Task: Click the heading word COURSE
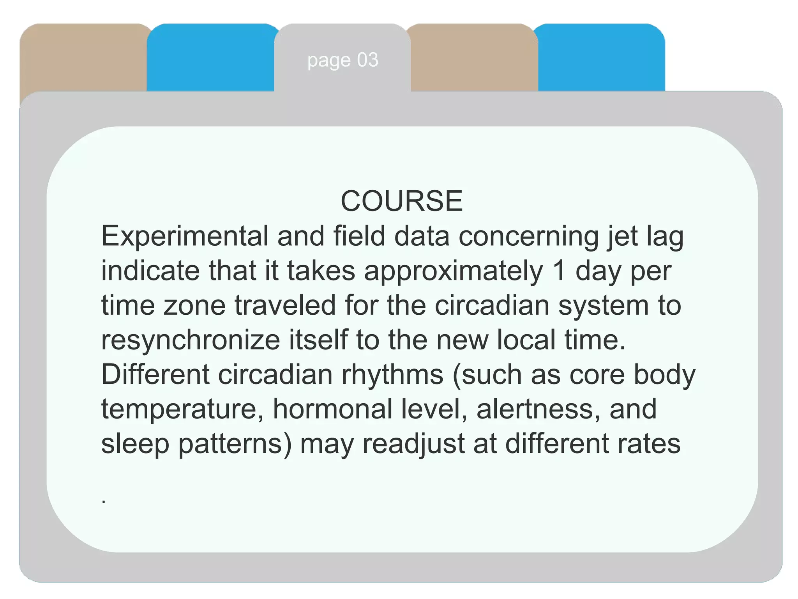point(402,201)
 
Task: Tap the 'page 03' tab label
point(343,60)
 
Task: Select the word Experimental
point(185,237)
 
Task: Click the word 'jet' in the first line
point(622,237)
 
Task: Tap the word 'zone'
point(194,305)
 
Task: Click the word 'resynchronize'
point(191,340)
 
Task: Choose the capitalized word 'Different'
point(155,374)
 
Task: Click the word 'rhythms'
point(392,375)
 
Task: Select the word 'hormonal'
point(332,409)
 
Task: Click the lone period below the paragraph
point(104,502)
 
